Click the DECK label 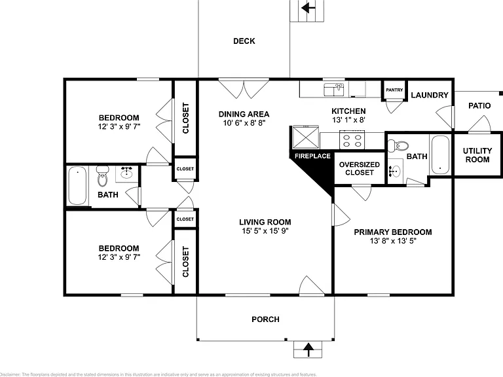tap(244, 41)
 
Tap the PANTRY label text tap(394, 90)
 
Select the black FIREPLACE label tap(312, 156)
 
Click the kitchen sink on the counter tap(333, 90)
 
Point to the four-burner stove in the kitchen tap(352, 140)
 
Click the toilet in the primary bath tap(398, 146)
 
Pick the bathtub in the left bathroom tap(77, 185)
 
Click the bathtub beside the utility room tap(439, 155)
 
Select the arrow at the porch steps tap(308, 350)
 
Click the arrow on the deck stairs tap(308, 7)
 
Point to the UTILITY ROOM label tap(477, 155)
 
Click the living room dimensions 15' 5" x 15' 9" tap(265, 231)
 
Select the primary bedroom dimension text tap(393, 241)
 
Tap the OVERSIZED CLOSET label tap(360, 169)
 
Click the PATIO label tap(479, 106)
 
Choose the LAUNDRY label tap(430, 95)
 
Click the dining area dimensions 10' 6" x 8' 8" tap(244, 123)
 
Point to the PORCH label tap(265, 319)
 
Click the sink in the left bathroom tap(127, 173)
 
